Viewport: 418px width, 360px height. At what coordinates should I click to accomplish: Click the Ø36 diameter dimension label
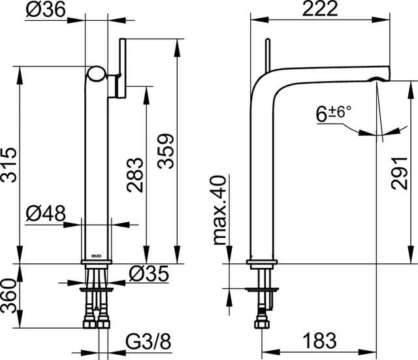click(44, 10)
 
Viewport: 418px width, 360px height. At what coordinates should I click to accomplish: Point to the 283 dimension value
click(135, 175)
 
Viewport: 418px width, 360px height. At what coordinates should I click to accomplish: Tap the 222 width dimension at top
click(316, 9)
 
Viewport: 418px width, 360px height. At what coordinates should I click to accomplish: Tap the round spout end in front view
click(96, 73)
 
